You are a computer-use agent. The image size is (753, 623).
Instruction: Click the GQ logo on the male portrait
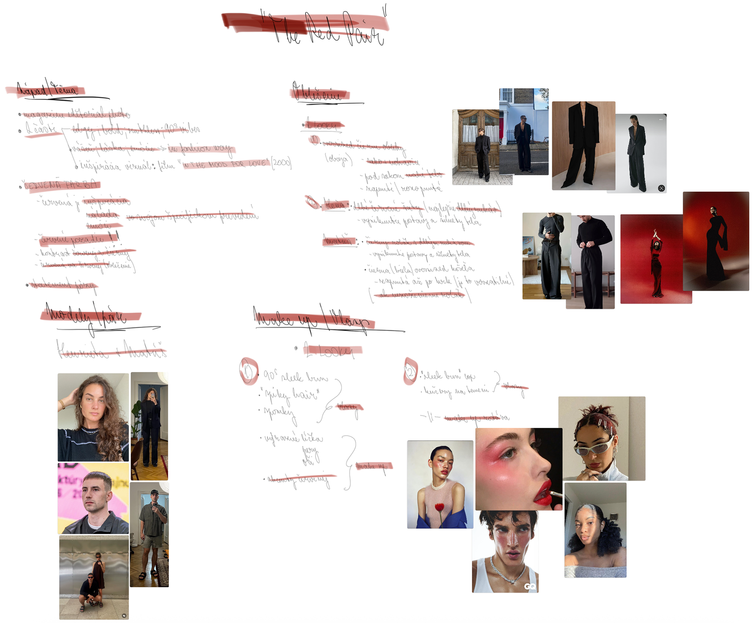coord(530,586)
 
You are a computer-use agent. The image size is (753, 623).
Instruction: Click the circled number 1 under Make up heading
coord(248,371)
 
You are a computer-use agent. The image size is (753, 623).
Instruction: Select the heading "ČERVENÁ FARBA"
coord(61,185)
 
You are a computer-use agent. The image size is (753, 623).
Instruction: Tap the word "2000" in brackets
coord(282,163)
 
